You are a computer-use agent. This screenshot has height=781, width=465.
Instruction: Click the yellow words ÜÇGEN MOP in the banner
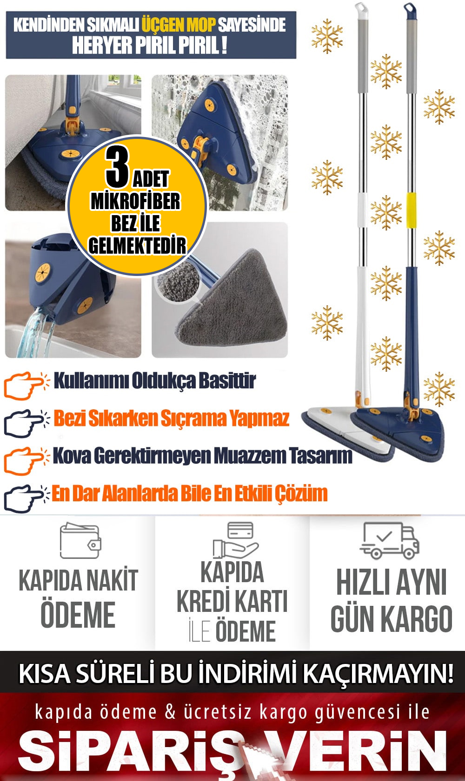pyautogui.click(x=179, y=25)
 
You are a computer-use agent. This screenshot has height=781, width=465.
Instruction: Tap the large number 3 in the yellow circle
pyautogui.click(x=118, y=167)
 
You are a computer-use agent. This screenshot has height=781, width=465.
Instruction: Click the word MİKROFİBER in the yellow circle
pyautogui.click(x=135, y=201)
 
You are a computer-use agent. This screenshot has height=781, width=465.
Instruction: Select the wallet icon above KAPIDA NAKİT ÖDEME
pyautogui.click(x=80, y=541)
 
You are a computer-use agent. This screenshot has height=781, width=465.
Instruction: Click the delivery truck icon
pyautogui.click(x=390, y=540)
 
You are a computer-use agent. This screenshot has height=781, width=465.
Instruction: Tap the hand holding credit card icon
pyautogui.click(x=236, y=540)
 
